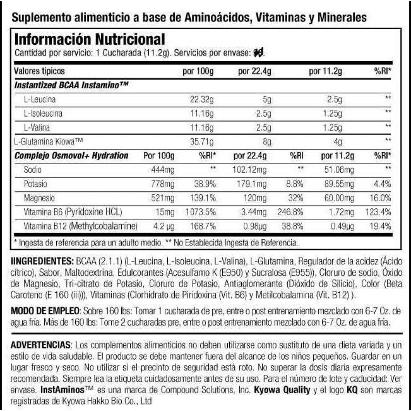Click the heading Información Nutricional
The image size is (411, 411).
click(90, 39)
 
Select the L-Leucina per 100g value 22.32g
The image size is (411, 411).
click(201, 99)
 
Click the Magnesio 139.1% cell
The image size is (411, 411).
click(202, 198)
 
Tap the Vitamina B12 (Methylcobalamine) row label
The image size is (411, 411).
click(81, 226)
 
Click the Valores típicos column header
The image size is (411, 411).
click(39, 71)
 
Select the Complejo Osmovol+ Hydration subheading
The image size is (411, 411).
click(71, 156)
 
